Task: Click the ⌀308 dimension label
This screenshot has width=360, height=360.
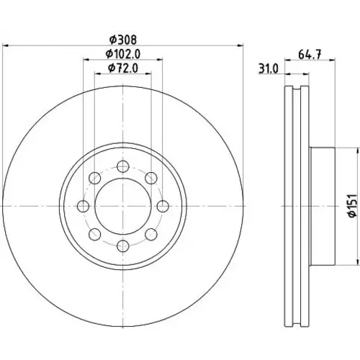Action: [123, 40]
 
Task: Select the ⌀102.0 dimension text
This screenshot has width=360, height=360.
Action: [123, 54]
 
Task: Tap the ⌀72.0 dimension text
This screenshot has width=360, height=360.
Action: [123, 68]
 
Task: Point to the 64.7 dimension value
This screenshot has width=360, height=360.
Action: [310, 55]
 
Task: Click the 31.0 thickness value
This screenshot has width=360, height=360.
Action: [269, 69]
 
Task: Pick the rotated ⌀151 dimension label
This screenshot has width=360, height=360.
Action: [353, 206]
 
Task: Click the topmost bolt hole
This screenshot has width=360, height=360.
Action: [123, 166]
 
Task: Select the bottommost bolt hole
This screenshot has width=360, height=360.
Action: [123, 246]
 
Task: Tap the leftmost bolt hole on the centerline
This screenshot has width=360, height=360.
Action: [84, 206]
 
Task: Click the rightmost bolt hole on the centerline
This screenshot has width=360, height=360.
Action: [163, 206]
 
